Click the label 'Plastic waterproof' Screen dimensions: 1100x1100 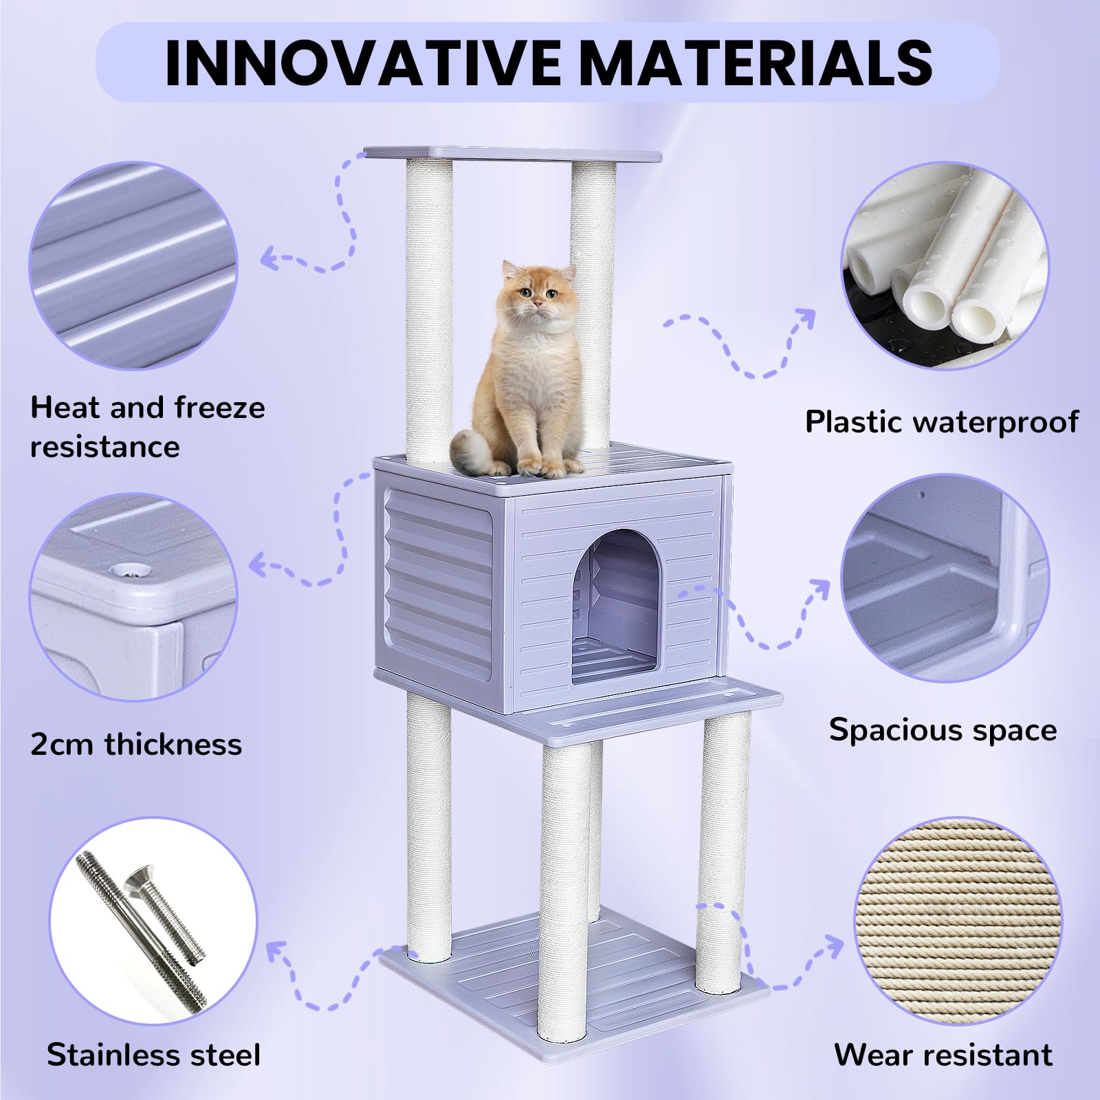941,421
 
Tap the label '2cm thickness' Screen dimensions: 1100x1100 136,744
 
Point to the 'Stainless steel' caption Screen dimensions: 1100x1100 154,1055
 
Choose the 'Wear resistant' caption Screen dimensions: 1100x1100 943,1055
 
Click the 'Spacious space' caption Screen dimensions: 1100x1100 943,729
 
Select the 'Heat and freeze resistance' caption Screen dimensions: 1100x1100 147,426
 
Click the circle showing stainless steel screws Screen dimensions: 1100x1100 153,920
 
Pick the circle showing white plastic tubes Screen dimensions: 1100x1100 945,265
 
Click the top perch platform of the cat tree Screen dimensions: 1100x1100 511,154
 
